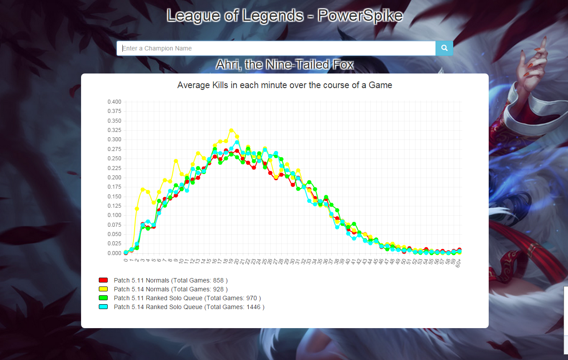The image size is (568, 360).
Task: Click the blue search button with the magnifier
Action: click(x=444, y=48)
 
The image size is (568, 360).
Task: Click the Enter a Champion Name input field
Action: click(x=276, y=48)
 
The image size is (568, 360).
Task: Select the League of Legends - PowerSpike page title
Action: click(x=284, y=16)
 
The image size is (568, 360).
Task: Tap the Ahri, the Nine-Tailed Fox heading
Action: click(x=284, y=65)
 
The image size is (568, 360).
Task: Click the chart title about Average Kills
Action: click(x=284, y=85)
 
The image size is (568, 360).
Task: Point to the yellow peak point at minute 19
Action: click(x=231, y=131)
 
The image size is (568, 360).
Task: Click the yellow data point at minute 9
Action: click(x=176, y=161)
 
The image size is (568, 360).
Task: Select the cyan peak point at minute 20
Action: click(x=237, y=143)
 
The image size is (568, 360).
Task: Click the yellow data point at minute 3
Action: click(x=143, y=190)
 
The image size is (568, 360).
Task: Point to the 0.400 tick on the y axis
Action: click(x=114, y=102)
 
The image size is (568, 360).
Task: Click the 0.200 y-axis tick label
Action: click(x=114, y=178)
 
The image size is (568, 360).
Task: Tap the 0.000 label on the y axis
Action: click(x=114, y=253)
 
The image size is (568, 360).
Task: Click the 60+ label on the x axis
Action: click(x=459, y=263)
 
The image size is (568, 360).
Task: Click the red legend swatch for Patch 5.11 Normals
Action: click(x=103, y=280)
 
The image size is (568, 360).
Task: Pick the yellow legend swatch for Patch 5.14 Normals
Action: click(x=103, y=289)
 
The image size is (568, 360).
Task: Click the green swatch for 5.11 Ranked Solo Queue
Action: click(x=103, y=298)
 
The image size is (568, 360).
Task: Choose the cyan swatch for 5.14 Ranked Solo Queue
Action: click(x=103, y=307)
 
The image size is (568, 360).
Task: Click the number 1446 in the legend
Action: click(x=254, y=307)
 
